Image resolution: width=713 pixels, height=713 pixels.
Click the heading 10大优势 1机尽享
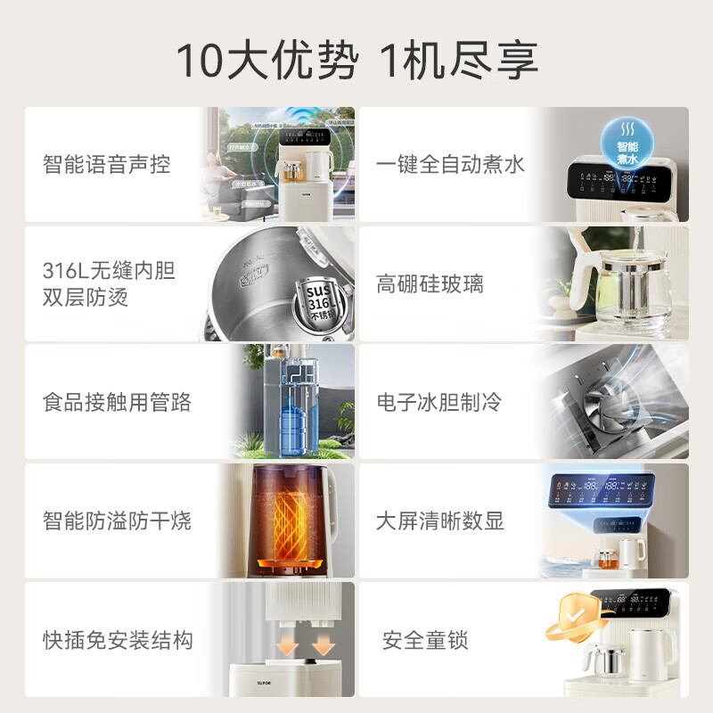356,61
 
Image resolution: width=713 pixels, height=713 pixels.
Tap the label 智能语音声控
106,165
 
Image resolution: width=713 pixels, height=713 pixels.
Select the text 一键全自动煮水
450,165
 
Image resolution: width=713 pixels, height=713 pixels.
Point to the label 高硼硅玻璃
430,284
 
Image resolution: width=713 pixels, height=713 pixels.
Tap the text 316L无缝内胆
109,271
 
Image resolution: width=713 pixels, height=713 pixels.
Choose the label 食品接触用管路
117,403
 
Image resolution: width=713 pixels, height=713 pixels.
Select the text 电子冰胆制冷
438,403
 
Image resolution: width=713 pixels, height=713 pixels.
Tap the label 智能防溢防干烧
117,520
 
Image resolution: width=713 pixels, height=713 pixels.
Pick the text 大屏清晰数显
440,520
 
